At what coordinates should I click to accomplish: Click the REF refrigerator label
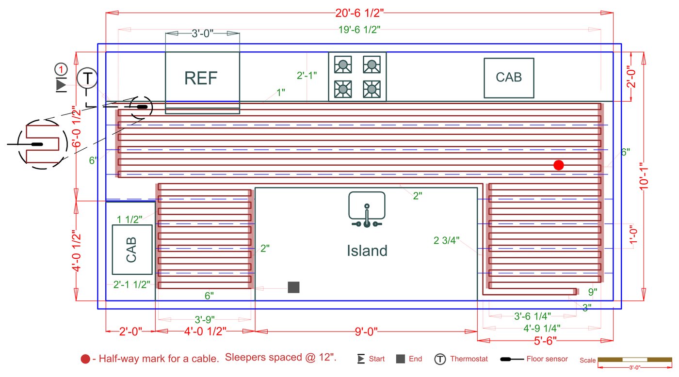[x=201, y=78]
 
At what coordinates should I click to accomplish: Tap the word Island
[x=367, y=251]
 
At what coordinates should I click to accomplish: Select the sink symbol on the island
[x=367, y=209]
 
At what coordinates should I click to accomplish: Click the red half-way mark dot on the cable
[x=559, y=165]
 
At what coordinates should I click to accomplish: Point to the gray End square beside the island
[x=293, y=287]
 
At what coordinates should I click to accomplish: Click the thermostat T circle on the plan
[x=87, y=78]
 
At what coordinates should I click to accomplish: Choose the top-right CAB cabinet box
[x=509, y=78]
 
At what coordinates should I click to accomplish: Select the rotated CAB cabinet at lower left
[x=131, y=250]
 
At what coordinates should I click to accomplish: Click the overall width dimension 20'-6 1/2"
[x=359, y=13]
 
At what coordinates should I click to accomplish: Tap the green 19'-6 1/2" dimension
[x=359, y=30]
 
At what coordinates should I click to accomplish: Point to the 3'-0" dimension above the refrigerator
[x=202, y=34]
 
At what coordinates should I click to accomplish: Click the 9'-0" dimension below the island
[x=366, y=331]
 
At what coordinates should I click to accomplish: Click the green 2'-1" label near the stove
[x=307, y=76]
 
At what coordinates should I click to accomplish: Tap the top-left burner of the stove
[x=343, y=64]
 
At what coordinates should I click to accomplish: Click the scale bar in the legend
[x=631, y=360]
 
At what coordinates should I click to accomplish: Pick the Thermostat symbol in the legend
[x=440, y=359]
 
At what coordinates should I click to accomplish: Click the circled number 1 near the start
[x=61, y=69]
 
